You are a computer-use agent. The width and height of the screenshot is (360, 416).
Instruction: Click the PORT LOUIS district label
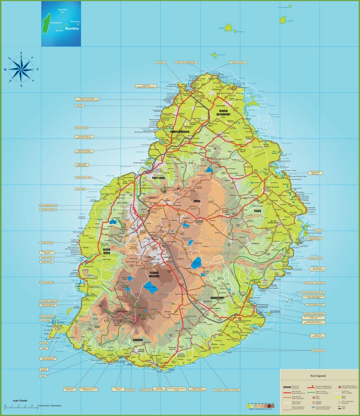pyautogui.click(x=160, y=178)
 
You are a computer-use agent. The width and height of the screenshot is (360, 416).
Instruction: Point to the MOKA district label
pyautogui.click(x=197, y=200)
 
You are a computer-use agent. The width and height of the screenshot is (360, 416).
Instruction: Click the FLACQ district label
pyautogui.click(x=257, y=211)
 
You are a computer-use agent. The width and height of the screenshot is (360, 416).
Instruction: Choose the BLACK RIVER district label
pyautogui.click(x=103, y=251)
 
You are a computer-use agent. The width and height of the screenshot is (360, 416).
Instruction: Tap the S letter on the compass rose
pyautogui.click(x=21, y=85)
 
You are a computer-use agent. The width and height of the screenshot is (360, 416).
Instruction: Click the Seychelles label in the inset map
pyautogui.click(x=63, y=9)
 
